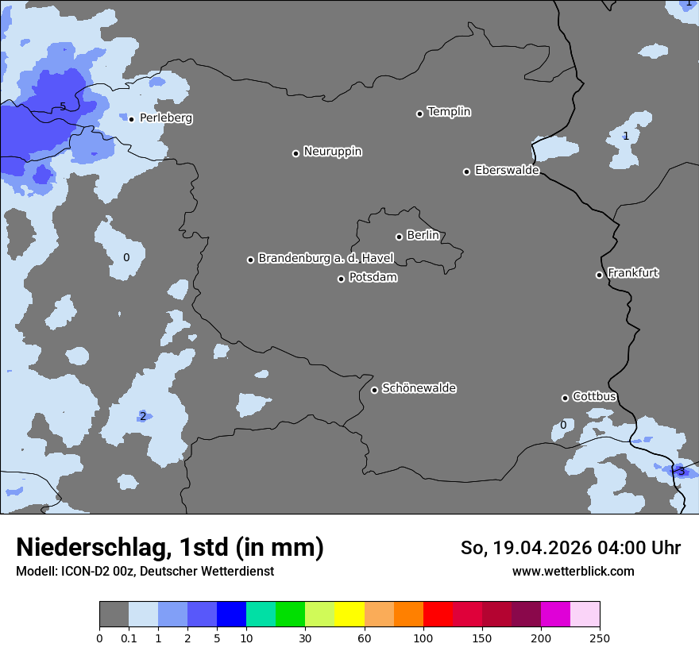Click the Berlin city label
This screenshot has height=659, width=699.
(423, 235)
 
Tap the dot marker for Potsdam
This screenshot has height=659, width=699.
(341, 279)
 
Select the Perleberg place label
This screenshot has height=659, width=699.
(166, 118)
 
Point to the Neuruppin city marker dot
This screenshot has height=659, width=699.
(295, 153)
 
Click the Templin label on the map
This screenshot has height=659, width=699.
(449, 112)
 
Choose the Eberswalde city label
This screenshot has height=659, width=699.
(507, 170)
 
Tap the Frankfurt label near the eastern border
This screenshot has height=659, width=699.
(633, 273)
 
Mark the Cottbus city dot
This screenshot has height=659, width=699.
(565, 398)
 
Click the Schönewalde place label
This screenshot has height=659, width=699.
(419, 388)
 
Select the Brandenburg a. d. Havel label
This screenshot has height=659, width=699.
(326, 259)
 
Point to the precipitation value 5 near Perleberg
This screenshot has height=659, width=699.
(63, 107)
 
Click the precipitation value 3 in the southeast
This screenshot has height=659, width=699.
(681, 472)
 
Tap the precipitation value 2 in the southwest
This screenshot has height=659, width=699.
(143, 416)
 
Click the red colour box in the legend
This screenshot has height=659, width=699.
(438, 615)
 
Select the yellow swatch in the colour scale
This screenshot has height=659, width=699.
(349, 615)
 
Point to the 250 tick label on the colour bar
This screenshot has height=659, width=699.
(600, 638)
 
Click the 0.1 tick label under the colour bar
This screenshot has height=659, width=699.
(129, 638)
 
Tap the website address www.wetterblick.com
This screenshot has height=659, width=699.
(573, 571)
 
